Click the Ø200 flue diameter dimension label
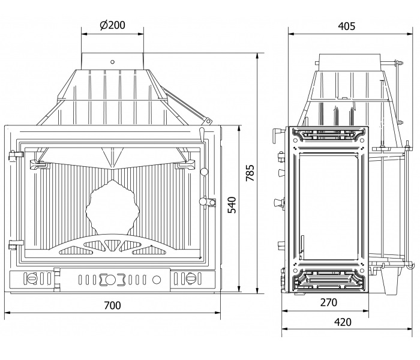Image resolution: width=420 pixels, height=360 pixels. [112, 25]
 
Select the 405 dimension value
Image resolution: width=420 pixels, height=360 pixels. [346, 26]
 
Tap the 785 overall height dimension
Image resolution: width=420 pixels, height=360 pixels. [250, 173]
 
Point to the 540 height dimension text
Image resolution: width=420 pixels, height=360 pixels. [232, 205]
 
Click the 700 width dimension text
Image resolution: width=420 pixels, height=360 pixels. [113, 305]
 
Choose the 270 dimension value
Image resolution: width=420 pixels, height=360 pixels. [329, 302]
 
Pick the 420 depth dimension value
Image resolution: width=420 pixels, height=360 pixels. [343, 322]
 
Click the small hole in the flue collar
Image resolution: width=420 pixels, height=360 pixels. [113, 62]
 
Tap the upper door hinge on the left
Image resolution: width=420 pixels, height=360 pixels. [16, 155]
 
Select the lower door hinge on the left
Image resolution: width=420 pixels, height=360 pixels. [16, 244]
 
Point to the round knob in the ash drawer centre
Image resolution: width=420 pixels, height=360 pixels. [110, 280]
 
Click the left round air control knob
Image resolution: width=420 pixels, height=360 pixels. [32, 278]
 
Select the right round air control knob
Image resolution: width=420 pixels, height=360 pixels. [191, 278]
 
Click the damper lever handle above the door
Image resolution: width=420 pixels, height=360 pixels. [202, 133]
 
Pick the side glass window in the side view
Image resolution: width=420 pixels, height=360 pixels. [328, 206]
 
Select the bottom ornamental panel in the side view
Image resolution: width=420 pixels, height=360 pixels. [328, 280]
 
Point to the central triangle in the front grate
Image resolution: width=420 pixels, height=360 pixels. [113, 245]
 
